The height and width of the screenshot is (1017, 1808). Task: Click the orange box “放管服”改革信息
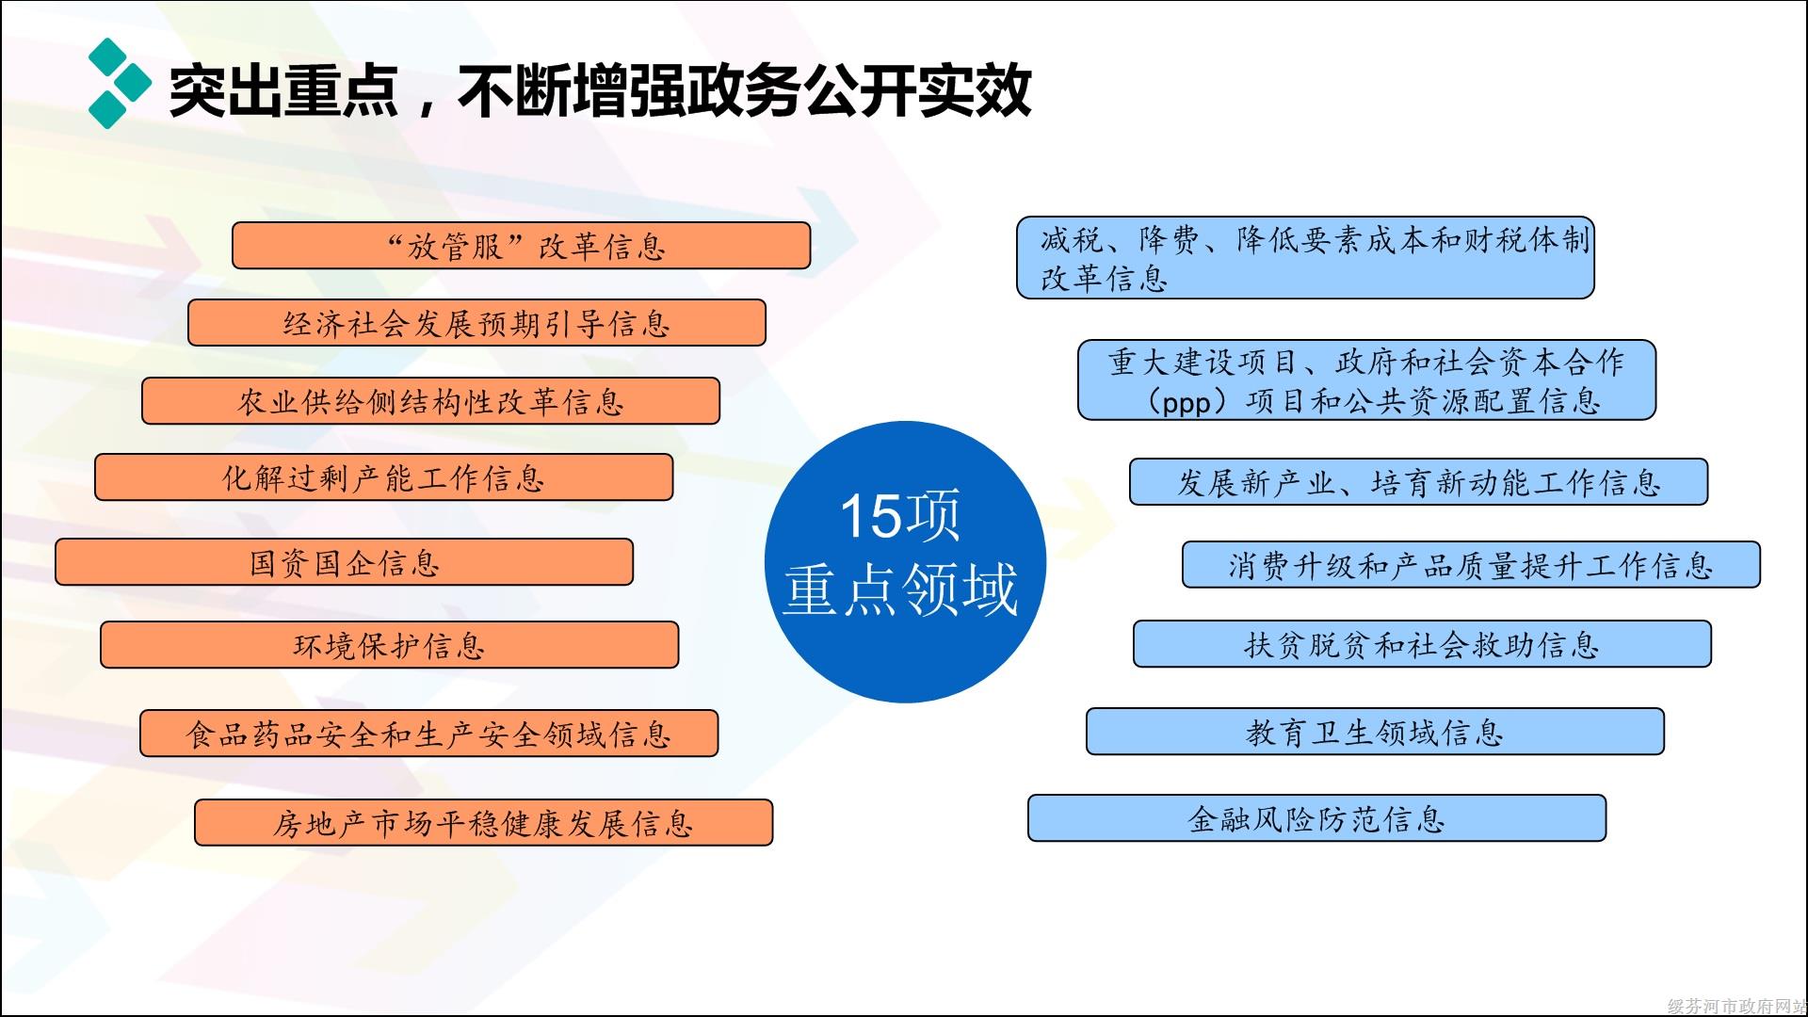click(x=521, y=246)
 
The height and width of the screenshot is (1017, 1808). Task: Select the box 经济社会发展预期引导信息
click(x=476, y=323)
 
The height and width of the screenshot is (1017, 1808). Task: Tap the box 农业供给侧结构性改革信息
click(x=430, y=401)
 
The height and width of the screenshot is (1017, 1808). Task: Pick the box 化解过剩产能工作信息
click(x=383, y=477)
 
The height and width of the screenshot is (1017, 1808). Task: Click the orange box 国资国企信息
click(x=344, y=562)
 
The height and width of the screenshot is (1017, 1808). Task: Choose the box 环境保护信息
click(x=389, y=645)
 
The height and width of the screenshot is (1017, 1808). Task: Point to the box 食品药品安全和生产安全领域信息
click(x=428, y=734)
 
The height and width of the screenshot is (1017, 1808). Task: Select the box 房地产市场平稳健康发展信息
click(x=483, y=823)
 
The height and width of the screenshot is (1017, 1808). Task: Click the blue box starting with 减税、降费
click(x=1305, y=258)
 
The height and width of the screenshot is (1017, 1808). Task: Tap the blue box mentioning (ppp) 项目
click(x=1366, y=379)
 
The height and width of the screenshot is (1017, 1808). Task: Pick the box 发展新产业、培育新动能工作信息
click(x=1418, y=482)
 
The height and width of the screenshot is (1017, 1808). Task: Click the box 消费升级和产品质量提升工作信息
click(x=1471, y=565)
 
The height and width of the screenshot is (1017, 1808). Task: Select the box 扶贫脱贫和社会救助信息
click(x=1422, y=644)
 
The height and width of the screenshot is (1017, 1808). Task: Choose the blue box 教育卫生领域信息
click(x=1375, y=732)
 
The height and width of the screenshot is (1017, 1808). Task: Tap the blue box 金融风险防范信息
click(x=1316, y=818)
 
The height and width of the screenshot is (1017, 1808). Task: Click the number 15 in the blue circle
click(x=869, y=516)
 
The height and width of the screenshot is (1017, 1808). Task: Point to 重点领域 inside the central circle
click(x=900, y=589)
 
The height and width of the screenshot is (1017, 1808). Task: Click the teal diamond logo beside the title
click(x=120, y=84)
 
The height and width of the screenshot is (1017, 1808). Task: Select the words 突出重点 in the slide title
click(x=283, y=91)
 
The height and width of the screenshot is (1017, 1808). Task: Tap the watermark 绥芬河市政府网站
click(x=1737, y=1006)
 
